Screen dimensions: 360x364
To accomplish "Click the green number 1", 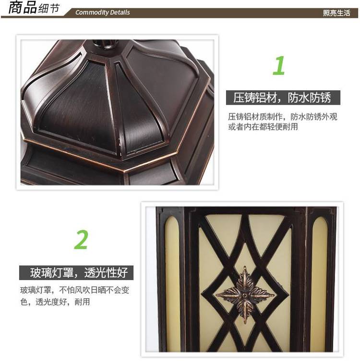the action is tap(279, 65).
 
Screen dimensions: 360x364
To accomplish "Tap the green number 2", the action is tap(81, 239).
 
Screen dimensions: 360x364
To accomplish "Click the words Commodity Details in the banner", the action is tap(102, 12).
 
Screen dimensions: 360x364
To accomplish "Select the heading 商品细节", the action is tap(34, 8).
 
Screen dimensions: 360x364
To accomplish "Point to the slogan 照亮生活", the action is tap(336, 13).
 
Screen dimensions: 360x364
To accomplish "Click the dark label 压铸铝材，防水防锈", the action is tap(283, 97).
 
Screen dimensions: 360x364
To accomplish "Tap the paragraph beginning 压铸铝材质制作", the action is tap(282, 121).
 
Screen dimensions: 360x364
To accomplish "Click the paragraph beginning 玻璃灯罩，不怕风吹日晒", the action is tap(74, 296).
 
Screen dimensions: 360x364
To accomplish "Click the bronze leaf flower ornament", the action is tap(245, 295).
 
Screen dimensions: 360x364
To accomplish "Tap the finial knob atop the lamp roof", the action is tap(104, 44).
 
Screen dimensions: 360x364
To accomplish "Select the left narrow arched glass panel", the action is tap(172, 282).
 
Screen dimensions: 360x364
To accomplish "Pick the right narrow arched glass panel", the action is tap(320, 282).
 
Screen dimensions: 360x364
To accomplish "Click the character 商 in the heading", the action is tap(16, 7).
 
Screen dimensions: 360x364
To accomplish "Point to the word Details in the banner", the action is tap(120, 12).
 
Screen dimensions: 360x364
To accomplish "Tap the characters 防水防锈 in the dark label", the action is tap(310, 97).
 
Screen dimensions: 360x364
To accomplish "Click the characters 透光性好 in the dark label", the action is tap(106, 273).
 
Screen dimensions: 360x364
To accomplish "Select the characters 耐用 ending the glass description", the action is tap(82, 302).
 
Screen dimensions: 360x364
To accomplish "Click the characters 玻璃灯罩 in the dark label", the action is tap(51, 273).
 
